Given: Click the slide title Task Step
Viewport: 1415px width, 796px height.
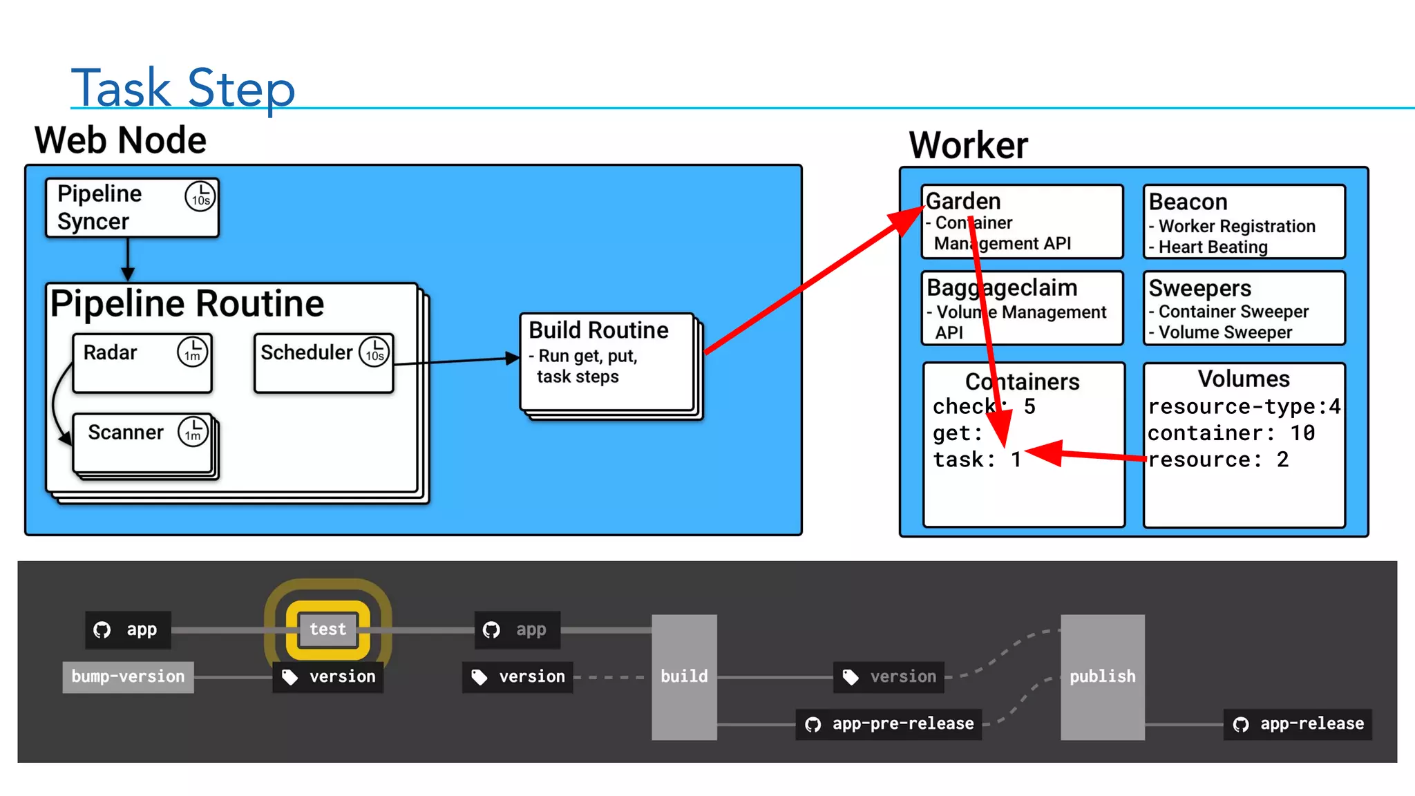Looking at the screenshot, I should click(x=183, y=88).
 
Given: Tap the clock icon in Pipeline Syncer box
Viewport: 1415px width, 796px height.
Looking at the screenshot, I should click(x=200, y=196).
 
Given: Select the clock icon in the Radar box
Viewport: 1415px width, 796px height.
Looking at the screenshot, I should click(x=193, y=352).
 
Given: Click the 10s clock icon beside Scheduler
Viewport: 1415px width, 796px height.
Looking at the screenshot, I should click(x=374, y=352).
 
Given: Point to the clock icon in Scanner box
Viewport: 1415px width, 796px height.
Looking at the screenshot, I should click(x=193, y=432).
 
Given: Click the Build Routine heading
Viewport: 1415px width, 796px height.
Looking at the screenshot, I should click(x=598, y=330).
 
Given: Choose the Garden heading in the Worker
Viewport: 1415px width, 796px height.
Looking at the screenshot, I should click(x=963, y=201).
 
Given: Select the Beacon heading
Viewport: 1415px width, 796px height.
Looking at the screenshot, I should click(x=1188, y=202).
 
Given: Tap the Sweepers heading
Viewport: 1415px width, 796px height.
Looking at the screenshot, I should click(x=1199, y=288).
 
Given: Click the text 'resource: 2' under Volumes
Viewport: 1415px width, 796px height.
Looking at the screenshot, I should click(x=1218, y=459).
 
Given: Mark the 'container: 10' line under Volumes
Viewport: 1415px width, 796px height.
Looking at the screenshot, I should click(x=1231, y=433).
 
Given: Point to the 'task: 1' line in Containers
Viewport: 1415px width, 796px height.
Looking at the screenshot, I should click(x=977, y=459).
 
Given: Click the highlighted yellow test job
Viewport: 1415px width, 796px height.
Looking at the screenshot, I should click(x=328, y=629).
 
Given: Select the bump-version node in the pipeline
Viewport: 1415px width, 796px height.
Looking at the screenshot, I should click(x=129, y=676).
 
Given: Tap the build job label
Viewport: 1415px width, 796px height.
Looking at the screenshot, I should click(x=684, y=676).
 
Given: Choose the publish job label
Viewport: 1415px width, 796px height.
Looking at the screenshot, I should click(x=1103, y=676).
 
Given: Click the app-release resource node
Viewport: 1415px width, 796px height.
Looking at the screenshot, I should click(x=1298, y=724).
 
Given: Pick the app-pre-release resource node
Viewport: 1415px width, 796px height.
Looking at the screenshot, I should click(x=889, y=724).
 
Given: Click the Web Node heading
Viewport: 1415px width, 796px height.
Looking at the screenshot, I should click(x=121, y=140).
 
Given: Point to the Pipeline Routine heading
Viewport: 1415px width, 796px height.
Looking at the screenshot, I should click(x=187, y=303).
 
